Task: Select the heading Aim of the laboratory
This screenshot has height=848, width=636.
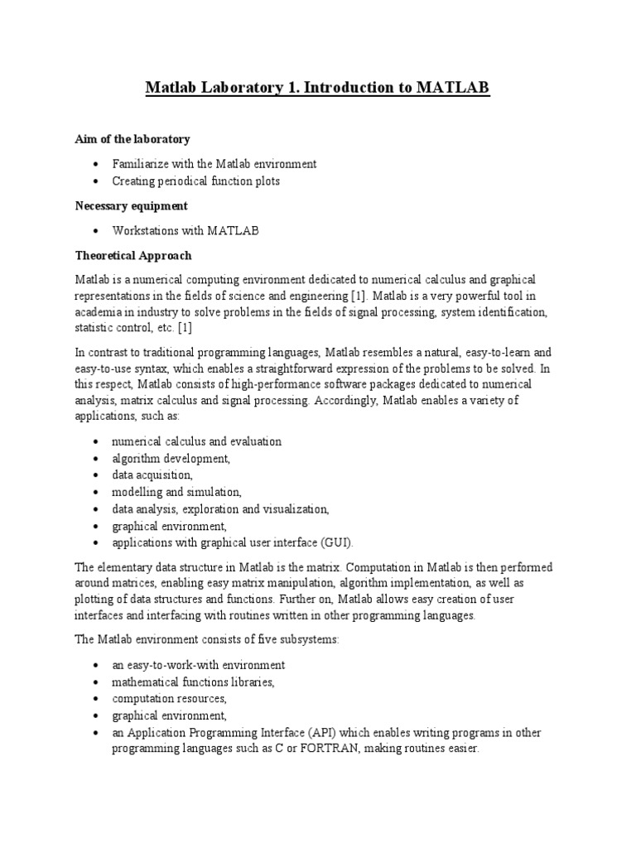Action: [x=132, y=139]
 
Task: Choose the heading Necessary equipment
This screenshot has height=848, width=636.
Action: [x=132, y=205]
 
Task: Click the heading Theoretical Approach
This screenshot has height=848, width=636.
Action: [x=133, y=256]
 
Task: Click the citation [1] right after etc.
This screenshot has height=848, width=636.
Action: [x=182, y=328]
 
